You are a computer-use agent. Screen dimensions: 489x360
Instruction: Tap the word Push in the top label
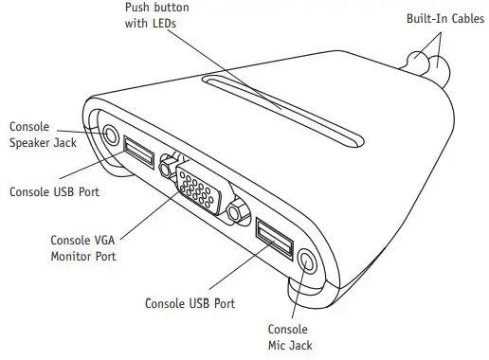point(138,8)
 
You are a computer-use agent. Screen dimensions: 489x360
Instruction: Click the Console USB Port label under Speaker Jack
point(54,190)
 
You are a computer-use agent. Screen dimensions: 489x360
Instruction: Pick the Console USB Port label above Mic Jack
point(190,303)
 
